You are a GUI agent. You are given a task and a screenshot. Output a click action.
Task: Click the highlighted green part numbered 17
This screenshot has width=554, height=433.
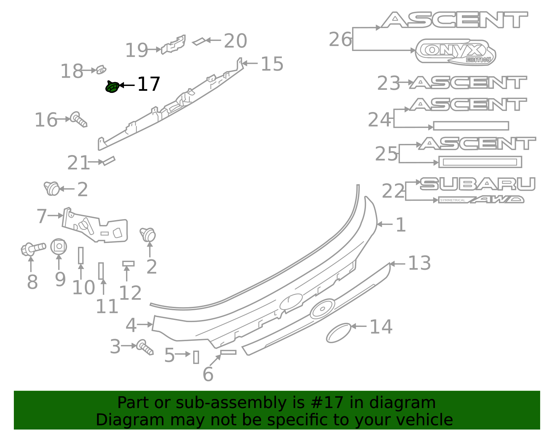point(112,87)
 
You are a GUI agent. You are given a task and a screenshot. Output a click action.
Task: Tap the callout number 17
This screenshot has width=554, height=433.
point(149,84)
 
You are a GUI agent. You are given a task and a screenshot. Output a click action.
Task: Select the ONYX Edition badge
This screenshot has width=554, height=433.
point(455,52)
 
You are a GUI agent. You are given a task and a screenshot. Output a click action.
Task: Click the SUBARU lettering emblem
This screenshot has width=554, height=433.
point(477,184)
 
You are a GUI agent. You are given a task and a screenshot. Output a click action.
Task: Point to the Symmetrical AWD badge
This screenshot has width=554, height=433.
point(481,200)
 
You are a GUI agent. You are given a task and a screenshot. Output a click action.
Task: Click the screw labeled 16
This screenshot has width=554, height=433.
point(79,119)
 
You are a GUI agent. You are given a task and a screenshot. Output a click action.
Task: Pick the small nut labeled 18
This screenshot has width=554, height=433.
point(101,70)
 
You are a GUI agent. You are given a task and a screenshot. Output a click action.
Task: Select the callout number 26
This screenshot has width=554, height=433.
point(340,40)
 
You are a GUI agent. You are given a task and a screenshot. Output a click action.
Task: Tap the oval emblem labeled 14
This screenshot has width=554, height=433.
point(338,333)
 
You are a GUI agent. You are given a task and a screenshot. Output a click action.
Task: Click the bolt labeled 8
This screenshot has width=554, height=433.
point(33,249)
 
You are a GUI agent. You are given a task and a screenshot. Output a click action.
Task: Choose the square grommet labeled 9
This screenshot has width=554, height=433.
point(59,246)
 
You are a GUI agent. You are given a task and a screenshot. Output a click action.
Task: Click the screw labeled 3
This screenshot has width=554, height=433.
point(145,347)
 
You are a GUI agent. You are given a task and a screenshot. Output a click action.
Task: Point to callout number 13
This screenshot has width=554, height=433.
point(419,263)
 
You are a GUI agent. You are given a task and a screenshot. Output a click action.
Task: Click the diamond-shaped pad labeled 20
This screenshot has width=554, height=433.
point(199,41)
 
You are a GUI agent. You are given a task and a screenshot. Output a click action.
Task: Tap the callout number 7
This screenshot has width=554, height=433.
point(42,216)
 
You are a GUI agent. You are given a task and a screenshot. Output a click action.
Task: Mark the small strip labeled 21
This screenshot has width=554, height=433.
point(109,161)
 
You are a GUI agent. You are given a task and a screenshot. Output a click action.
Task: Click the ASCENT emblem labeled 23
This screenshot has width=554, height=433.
point(468,83)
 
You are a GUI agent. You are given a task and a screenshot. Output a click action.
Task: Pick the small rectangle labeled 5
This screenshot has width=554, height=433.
point(196,357)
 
